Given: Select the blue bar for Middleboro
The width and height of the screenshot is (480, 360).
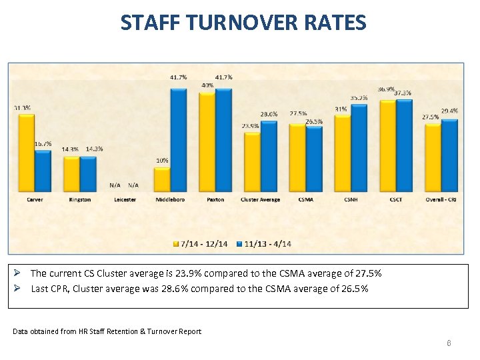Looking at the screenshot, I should [179, 139].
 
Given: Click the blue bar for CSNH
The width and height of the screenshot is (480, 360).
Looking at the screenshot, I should [359, 147].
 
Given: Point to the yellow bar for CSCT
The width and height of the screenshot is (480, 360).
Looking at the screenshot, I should [388, 145].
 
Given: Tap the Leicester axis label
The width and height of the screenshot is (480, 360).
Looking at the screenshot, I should [125, 199].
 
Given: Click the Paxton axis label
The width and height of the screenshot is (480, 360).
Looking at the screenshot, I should [215, 199].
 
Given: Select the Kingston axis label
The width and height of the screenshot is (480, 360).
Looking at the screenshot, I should [79, 199].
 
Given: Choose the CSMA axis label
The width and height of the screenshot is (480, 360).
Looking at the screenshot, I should [306, 199].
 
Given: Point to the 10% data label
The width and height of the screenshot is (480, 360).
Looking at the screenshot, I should [162, 161].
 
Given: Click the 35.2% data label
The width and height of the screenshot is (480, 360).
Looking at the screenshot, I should [359, 98].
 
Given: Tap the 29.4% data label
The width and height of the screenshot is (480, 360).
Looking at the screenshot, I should [449, 111].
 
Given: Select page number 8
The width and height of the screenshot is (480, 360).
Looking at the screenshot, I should [449, 343].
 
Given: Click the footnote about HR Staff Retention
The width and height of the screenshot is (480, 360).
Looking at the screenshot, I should [107, 331].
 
